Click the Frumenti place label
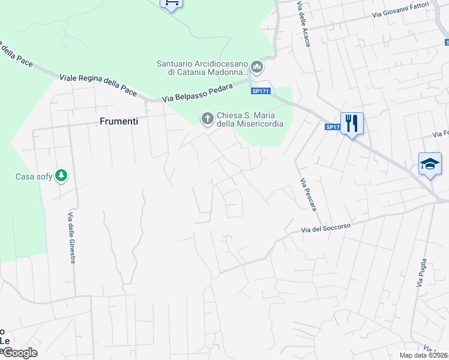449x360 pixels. coord(118,121)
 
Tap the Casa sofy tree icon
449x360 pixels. coord(61,176)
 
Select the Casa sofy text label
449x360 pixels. coord(33,176)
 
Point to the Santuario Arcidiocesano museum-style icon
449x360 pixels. coord(257,66)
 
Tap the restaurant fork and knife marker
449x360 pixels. coord(352,124)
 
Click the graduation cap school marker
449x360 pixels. coord(430,163)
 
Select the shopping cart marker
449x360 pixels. coord(172,3)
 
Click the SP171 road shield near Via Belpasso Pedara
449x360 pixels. coord(261,91)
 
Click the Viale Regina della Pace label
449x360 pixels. coord(98,85)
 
